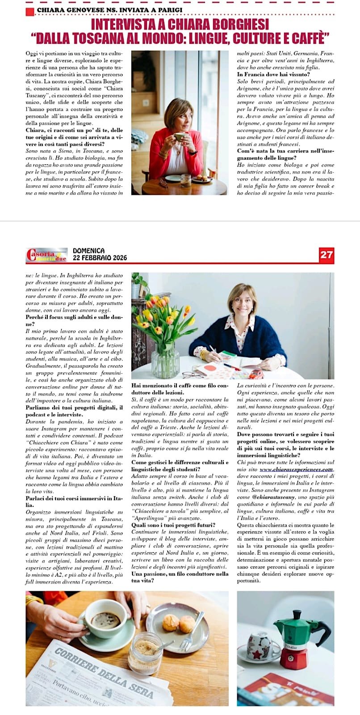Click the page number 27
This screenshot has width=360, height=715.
point(327,254)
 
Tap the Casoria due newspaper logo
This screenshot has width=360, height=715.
point(46,254)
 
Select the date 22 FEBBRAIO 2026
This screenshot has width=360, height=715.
point(100,258)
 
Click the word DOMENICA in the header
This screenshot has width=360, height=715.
point(88,251)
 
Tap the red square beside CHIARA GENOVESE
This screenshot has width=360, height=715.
point(30,11)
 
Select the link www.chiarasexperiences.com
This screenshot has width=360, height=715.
point(297,469)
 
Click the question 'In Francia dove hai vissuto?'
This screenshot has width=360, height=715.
point(273,75)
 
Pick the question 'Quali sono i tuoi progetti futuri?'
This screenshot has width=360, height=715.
point(173,525)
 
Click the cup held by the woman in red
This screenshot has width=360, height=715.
point(180,137)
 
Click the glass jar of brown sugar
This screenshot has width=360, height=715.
point(145,653)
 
